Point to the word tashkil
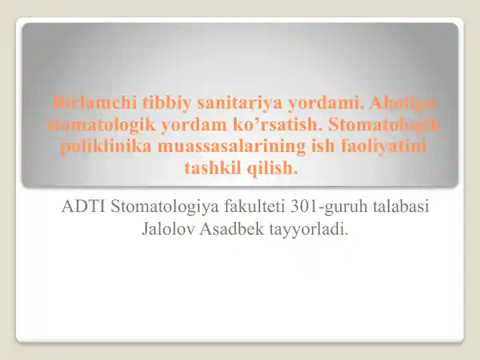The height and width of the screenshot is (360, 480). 212,167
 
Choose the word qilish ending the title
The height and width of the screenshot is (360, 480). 273,167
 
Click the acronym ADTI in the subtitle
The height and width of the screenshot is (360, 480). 83,206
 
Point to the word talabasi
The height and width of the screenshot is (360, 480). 400,206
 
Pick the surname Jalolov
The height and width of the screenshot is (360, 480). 167,230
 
